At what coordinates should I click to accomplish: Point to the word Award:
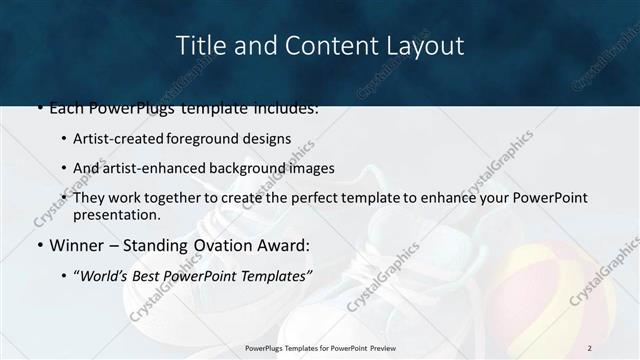coord(286,244)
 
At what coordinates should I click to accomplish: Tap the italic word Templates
coord(273,274)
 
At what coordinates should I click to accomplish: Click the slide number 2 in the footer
coord(589,348)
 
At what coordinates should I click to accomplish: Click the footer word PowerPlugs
coord(267,348)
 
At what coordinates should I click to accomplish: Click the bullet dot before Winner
coord(39,245)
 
